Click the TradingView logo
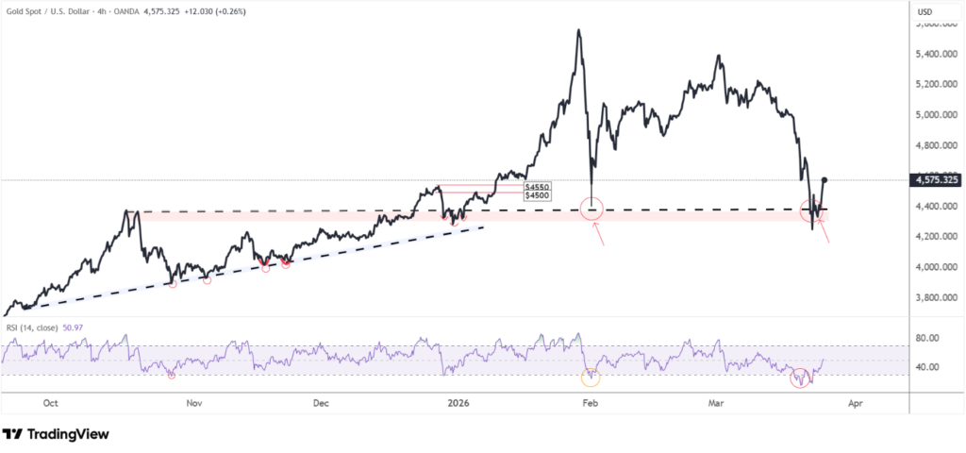[56, 434]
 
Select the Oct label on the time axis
[52, 403]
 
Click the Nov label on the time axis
[194, 403]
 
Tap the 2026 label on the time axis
[458, 403]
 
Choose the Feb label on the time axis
[591, 403]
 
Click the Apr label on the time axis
[856, 403]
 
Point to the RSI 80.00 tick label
[929, 337]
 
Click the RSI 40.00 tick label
[929, 367]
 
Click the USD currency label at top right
[925, 11]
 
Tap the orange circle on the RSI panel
[591, 377]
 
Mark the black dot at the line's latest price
[825, 179]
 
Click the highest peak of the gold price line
[578, 30]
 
